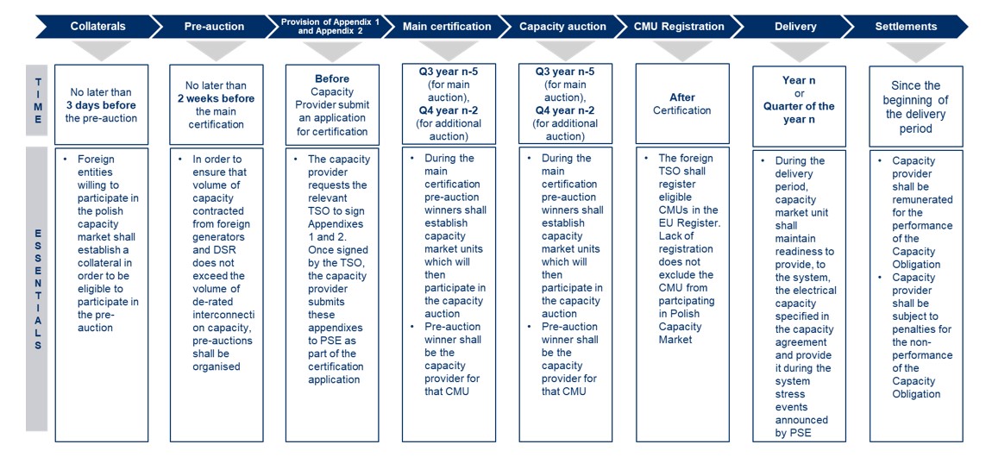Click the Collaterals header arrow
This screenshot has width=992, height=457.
pos(95,27)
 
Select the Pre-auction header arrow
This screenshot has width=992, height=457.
pos(212,27)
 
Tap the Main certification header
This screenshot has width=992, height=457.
pos(447,27)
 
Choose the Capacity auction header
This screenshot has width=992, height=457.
pos(562,27)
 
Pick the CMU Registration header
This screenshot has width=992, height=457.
pos(679,27)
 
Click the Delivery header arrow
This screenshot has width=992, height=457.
pos(794,27)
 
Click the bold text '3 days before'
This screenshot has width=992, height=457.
pos(102,105)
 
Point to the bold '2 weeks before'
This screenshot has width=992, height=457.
pos(217,98)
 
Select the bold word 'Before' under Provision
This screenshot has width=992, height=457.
pos(332,79)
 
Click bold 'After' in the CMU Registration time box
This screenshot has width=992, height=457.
pos(682,97)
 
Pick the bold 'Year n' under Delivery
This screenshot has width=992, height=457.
pos(799,80)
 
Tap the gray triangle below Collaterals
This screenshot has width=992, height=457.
pos(101,51)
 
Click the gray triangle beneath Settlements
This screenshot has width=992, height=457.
pos(916,51)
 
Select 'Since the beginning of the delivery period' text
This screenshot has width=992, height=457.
pos(916,107)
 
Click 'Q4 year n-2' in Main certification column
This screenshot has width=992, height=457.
pos(448,110)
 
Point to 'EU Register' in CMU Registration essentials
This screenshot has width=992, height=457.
pos(676,222)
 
